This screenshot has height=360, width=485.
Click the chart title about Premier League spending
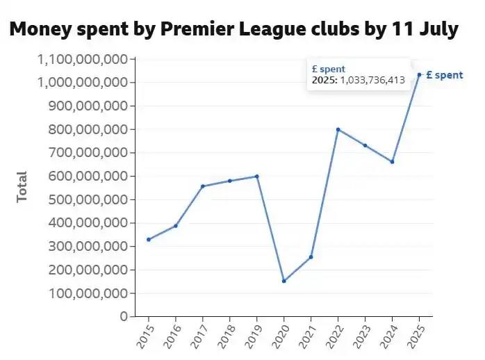(233, 30)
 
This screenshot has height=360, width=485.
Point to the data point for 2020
(283, 281)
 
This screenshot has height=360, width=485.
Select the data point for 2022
(338, 129)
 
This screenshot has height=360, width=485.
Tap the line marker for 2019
(256, 176)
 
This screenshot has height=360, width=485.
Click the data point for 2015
(149, 239)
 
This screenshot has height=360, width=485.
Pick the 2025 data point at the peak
(419, 74)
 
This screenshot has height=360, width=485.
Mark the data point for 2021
(311, 256)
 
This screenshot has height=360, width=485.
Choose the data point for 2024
(392, 161)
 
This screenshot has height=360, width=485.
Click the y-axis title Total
(22, 186)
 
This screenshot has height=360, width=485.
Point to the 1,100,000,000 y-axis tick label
(82, 59)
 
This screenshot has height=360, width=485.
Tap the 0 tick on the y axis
(123, 316)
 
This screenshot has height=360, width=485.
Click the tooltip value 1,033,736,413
(372, 80)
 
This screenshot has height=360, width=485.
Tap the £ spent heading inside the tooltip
(328, 69)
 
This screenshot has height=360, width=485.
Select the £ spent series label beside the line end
(444, 75)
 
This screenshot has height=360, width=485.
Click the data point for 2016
(176, 225)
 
